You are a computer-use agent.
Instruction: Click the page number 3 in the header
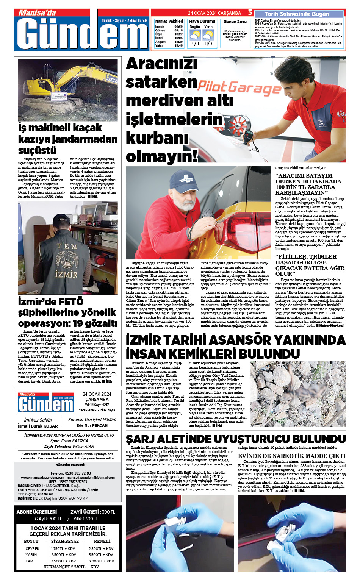250,13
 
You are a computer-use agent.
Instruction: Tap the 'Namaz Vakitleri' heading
169,22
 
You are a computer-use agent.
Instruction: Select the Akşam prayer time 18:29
178,42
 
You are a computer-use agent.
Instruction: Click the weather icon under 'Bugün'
195,35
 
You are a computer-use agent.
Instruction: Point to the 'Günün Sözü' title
235,22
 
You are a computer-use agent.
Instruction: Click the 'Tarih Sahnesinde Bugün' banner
297,14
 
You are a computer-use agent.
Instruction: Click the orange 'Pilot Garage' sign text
239,87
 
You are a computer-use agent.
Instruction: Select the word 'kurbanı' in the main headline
157,137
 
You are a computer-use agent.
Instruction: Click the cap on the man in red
185,179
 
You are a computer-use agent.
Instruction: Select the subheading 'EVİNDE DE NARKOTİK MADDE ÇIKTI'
291,456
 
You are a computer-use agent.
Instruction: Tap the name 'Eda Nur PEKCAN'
92,425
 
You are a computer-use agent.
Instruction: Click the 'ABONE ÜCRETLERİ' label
37,512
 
